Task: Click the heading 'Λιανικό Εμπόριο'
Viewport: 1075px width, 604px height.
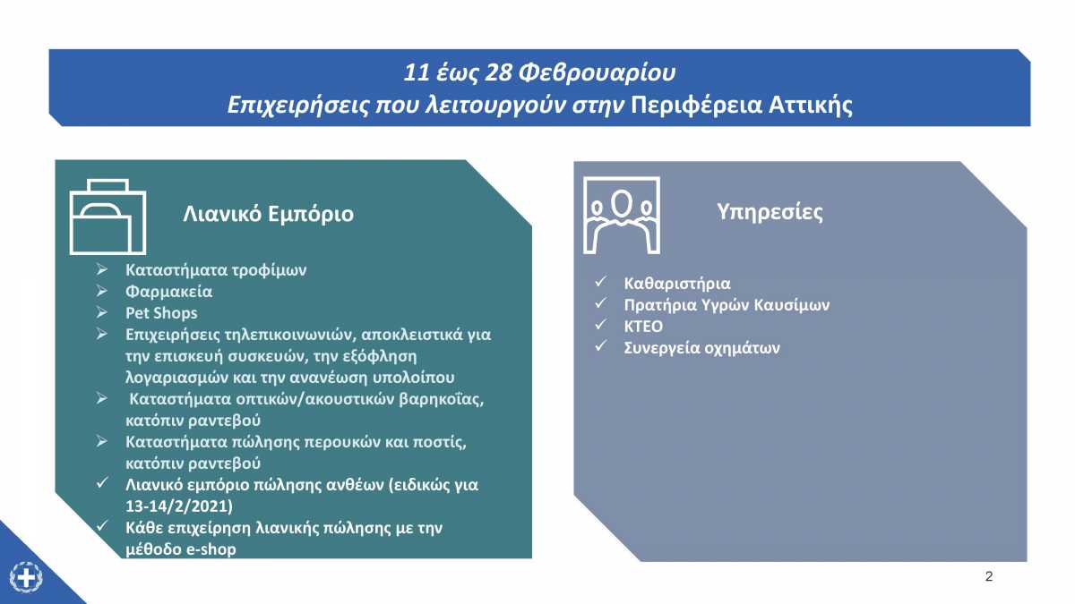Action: point(268,214)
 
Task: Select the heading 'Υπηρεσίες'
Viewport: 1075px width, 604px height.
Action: point(770,212)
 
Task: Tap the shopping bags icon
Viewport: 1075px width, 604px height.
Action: point(108,217)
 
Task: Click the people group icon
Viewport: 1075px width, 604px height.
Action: point(622,216)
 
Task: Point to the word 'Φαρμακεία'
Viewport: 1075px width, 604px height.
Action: point(169,292)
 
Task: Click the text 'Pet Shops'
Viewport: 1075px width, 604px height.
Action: point(161,313)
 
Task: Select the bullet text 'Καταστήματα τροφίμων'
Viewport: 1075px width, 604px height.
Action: point(216,270)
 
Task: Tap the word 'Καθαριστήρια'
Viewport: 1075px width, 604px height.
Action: point(677,284)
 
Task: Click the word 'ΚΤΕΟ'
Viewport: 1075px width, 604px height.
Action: point(643,327)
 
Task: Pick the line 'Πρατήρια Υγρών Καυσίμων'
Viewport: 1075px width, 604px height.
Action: point(727,305)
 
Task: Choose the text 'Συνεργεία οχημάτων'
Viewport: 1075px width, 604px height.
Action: point(701,347)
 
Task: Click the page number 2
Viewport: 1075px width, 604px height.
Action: point(989,576)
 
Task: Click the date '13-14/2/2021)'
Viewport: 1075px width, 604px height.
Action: point(179,506)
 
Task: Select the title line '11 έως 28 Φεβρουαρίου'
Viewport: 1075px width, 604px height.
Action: point(539,72)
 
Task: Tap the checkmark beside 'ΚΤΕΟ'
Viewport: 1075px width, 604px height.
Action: point(601,325)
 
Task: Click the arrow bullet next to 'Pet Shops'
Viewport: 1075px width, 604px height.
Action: point(101,312)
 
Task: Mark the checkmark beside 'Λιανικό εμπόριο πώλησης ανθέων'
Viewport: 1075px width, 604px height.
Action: point(102,482)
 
